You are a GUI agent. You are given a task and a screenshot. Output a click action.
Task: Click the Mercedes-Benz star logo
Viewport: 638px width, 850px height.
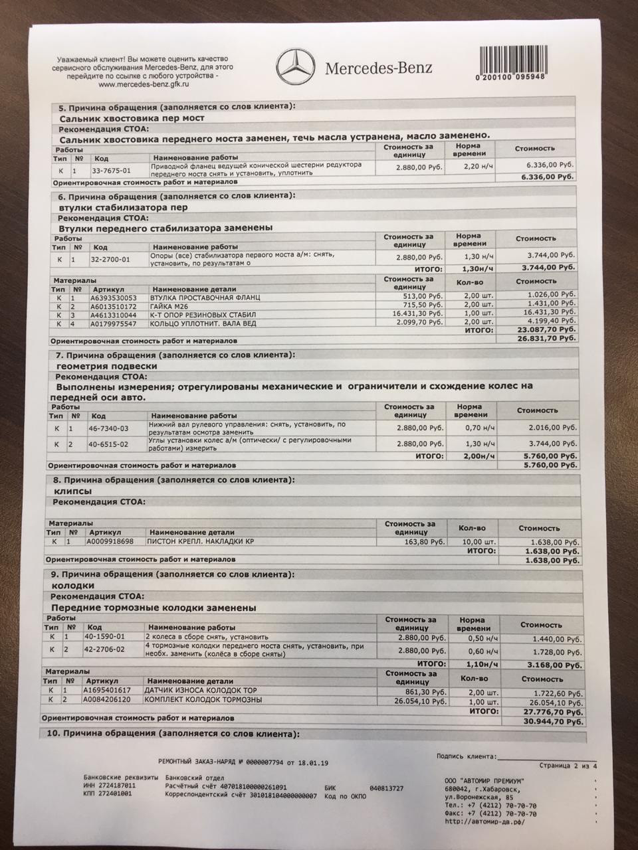(294, 67)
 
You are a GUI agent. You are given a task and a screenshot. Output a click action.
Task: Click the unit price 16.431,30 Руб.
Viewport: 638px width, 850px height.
(418, 313)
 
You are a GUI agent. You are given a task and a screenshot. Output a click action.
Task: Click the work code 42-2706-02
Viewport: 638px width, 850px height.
(106, 649)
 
